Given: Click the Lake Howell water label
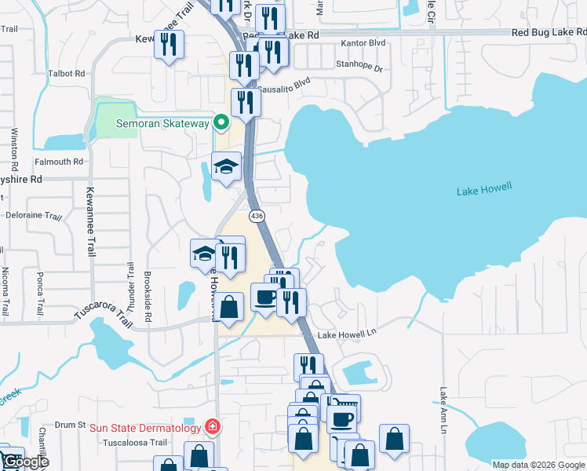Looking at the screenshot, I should tap(484, 188).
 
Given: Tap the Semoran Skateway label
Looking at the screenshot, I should tap(162, 122).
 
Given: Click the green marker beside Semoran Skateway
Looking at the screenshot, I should tap(221, 122).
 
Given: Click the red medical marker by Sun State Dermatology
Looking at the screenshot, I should tap(211, 427).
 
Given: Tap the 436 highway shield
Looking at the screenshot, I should tap(257, 215).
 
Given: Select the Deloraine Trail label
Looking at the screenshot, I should tap(33, 215).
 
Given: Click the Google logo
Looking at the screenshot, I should tap(25, 462).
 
